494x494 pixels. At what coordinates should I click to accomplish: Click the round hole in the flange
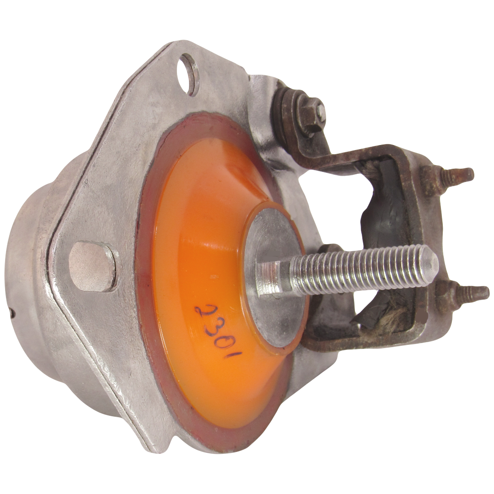189,73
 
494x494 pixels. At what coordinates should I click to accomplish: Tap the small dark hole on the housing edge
12,314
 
